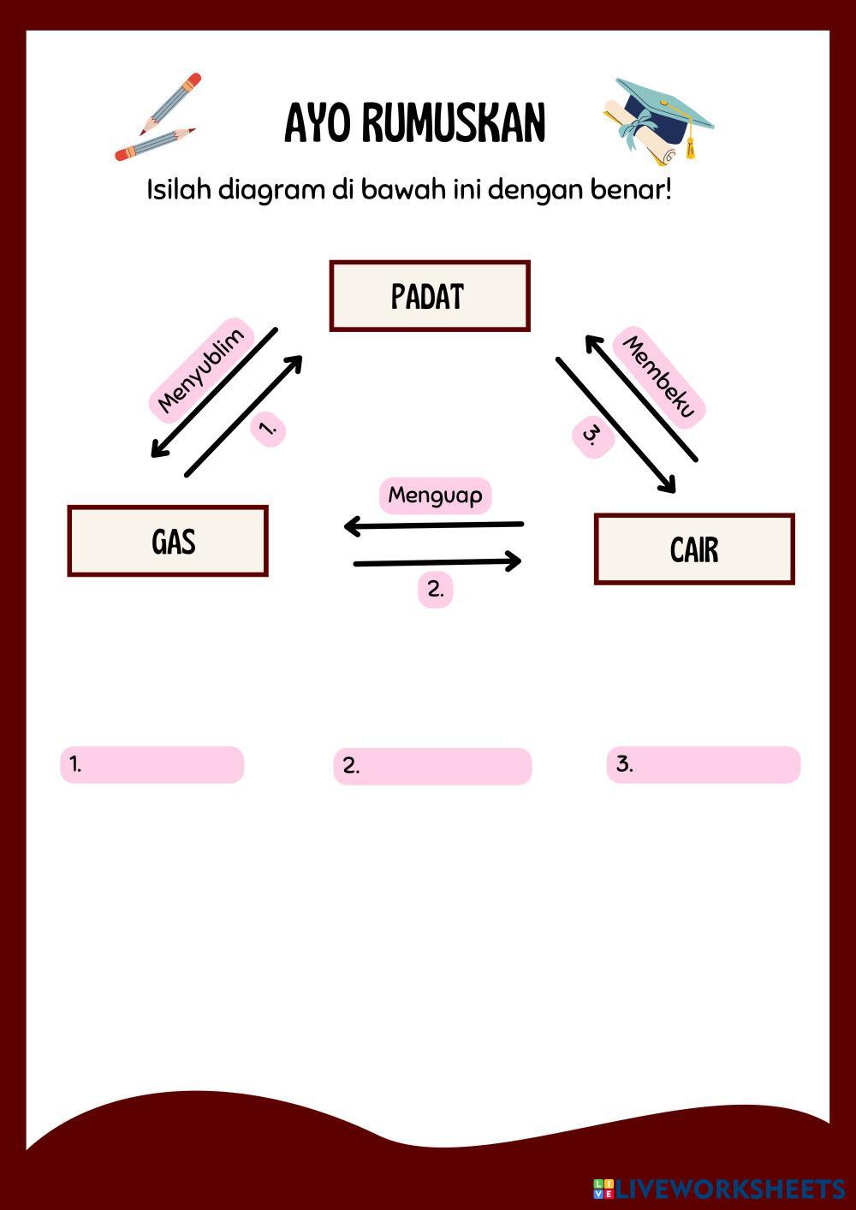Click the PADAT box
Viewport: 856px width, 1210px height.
(x=430, y=296)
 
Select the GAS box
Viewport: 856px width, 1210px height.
(x=168, y=541)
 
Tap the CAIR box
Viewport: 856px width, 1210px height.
(x=694, y=549)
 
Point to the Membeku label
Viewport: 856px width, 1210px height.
(x=659, y=376)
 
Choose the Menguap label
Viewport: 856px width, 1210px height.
(x=435, y=495)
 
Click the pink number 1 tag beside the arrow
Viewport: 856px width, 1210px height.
(x=268, y=427)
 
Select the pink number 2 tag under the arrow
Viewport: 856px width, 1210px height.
(x=435, y=590)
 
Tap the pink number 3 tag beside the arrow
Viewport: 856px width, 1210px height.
(x=592, y=436)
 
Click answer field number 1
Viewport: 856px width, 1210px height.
(x=152, y=764)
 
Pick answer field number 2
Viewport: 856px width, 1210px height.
(x=432, y=766)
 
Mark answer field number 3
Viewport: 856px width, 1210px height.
(x=704, y=764)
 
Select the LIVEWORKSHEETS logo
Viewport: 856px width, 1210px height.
(x=718, y=1189)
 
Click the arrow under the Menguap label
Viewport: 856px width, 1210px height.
(x=433, y=525)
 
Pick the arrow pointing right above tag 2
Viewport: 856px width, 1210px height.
(x=437, y=562)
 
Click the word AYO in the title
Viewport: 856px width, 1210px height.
(x=318, y=124)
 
